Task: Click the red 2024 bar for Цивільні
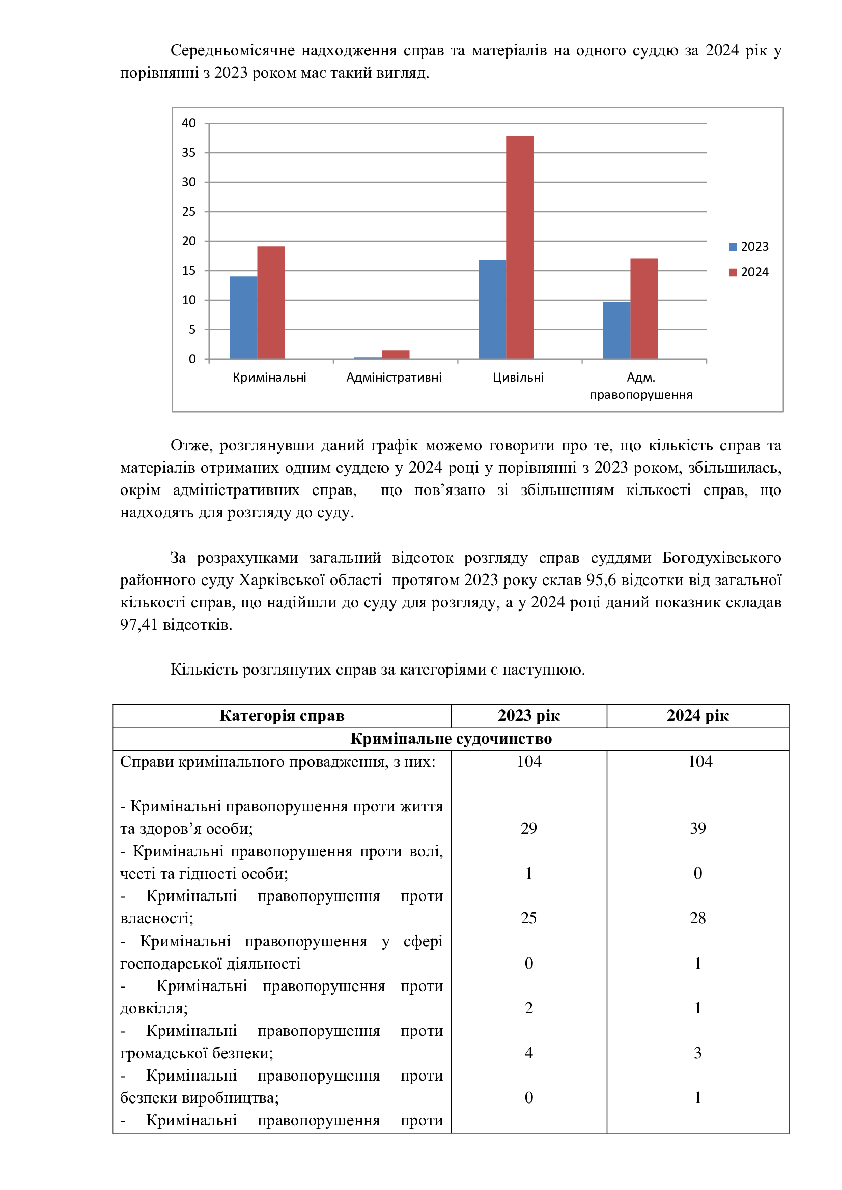coord(520,247)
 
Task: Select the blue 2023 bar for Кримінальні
coord(243,317)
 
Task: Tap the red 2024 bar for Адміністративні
coord(395,355)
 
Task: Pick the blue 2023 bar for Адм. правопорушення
coord(616,330)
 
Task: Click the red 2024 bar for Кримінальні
coord(271,302)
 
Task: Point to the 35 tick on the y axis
coord(189,153)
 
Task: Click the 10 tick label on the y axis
coord(189,300)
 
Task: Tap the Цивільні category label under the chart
coord(518,378)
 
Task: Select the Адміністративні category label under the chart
coord(394,378)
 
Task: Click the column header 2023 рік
coord(528,716)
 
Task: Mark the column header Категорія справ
coord(282,716)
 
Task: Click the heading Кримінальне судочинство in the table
coord(451,739)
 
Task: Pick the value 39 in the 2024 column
coord(697,828)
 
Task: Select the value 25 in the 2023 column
coord(528,918)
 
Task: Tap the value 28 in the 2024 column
coord(697,918)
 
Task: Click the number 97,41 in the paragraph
coord(138,625)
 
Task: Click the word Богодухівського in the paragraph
coord(721,558)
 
